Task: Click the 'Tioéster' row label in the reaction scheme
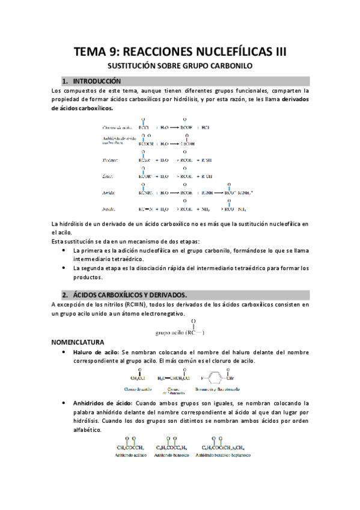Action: [x=110, y=161]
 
